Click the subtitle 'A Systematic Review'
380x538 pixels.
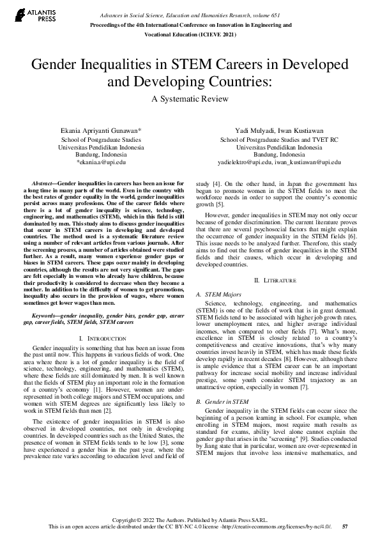point(190,99)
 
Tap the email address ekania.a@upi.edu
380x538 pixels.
point(101,162)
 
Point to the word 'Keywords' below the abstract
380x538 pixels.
point(47,315)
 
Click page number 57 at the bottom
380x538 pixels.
point(345,526)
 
